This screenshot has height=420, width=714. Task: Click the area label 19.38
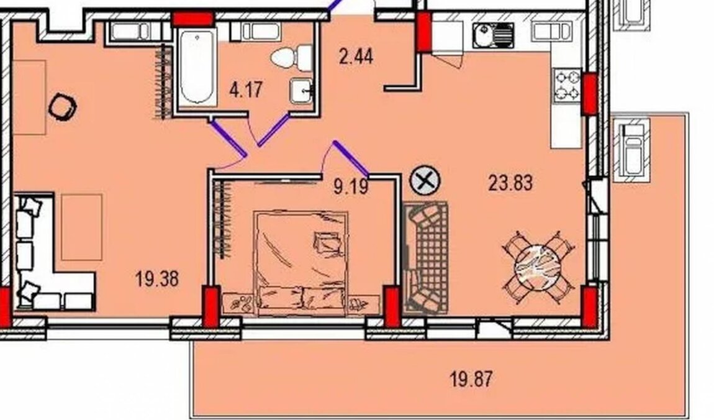(x=157, y=278)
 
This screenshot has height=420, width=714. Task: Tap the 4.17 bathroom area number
(x=246, y=89)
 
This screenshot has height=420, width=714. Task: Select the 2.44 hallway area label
(x=356, y=57)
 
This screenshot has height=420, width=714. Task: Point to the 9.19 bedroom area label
(x=351, y=186)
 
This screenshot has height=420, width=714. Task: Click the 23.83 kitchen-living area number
(x=510, y=183)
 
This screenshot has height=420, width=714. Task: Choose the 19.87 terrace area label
(x=471, y=378)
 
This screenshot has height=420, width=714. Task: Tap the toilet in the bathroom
(x=291, y=57)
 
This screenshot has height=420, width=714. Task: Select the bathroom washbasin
(x=301, y=90)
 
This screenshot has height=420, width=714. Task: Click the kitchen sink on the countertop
(x=493, y=35)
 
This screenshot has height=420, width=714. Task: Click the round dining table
(x=538, y=267)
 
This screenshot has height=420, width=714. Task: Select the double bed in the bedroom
(x=302, y=263)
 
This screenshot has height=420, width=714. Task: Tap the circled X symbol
(x=425, y=181)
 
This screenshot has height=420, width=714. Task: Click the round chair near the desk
(x=62, y=107)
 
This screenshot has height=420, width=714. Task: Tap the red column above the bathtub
(x=192, y=19)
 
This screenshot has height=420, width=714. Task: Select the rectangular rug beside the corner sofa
(x=81, y=227)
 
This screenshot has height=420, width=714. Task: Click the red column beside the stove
(x=590, y=93)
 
